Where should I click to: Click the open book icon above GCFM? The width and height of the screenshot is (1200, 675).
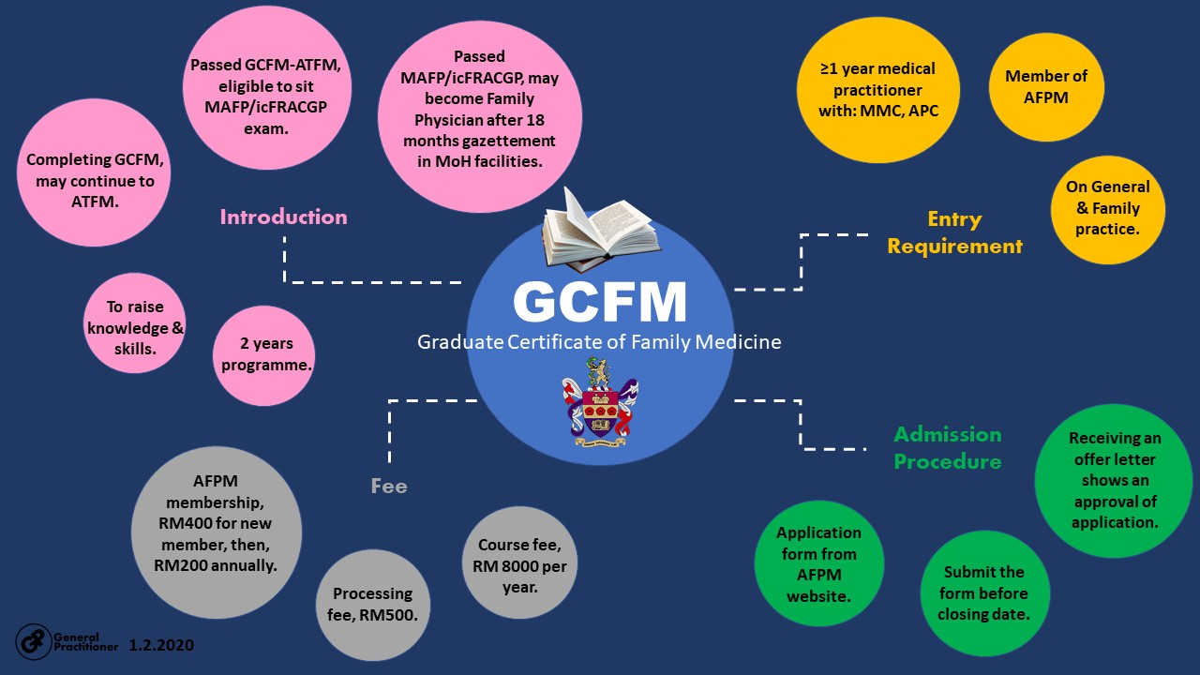(600, 232)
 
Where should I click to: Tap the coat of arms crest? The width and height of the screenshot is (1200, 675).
(600, 409)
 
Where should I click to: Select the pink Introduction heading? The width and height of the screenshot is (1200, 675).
(283, 217)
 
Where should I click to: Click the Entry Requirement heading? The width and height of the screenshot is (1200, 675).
(954, 232)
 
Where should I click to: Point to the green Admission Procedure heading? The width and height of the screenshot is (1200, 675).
(947, 447)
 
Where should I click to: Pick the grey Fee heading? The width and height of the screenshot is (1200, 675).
(388, 487)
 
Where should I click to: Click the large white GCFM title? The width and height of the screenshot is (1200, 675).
(600, 302)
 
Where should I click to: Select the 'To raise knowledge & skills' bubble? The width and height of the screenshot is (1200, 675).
(133, 323)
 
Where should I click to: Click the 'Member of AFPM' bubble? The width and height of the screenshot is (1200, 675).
(1046, 86)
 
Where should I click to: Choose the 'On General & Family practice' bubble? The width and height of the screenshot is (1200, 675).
(1108, 208)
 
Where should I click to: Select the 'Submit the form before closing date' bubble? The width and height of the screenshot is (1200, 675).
(984, 592)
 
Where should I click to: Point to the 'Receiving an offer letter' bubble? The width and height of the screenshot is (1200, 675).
(1114, 480)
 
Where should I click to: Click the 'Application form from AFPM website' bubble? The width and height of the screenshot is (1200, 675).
(818, 563)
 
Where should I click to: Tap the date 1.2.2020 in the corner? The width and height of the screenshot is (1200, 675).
(161, 646)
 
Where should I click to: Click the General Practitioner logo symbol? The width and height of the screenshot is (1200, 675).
(33, 640)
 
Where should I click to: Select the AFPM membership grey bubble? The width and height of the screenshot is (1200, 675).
(216, 532)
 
